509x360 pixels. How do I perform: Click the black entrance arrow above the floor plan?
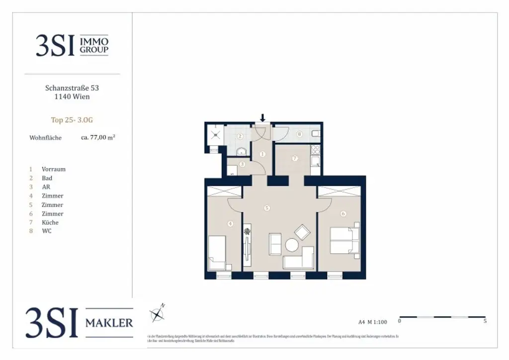263,118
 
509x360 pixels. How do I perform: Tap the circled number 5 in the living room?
267,208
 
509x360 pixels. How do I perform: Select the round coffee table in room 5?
292,245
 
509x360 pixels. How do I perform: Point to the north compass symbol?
158,314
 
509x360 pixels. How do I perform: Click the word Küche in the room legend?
50,223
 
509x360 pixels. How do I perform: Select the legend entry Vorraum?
54,169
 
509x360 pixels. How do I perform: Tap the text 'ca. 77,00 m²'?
98,137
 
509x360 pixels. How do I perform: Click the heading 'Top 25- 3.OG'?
72,120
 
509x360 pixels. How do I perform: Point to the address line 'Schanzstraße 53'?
72,88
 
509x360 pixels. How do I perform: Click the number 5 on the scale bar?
485,321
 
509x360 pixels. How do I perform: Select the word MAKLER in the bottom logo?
109,323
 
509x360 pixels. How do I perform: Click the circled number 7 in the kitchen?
294,159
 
